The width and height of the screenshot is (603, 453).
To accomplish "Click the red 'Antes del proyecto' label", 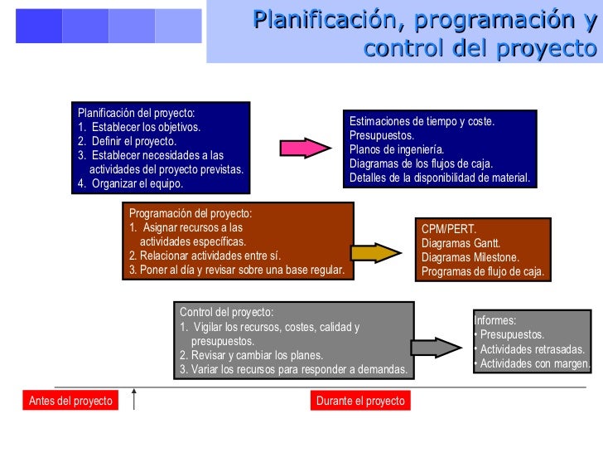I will [x=70, y=401].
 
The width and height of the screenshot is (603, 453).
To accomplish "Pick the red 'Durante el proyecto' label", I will [x=360, y=401].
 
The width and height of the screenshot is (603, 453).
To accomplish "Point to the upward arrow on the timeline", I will [x=133, y=397].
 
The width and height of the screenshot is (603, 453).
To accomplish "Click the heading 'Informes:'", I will [x=495, y=320].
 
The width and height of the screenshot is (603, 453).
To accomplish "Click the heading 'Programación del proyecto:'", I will [x=191, y=212].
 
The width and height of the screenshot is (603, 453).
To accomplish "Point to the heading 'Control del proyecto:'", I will [x=226, y=312].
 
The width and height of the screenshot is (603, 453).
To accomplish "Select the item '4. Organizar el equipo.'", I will [x=130, y=183].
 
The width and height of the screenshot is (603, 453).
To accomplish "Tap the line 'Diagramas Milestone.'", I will [x=470, y=257].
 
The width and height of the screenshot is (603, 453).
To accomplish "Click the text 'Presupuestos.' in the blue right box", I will [x=382, y=135].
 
